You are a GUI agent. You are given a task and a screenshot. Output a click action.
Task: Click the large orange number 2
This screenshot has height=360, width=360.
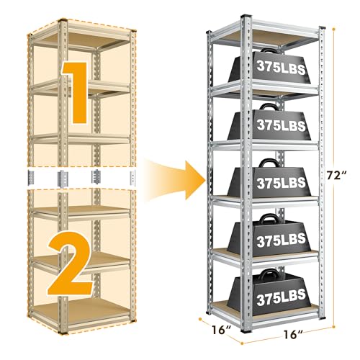(x=70, y=263)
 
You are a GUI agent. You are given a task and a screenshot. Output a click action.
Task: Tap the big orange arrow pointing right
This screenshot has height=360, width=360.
(x=175, y=180)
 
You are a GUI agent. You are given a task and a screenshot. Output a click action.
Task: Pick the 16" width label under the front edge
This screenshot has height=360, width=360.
(x=293, y=334)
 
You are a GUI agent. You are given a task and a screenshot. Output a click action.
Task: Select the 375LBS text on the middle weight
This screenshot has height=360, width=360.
(x=281, y=183)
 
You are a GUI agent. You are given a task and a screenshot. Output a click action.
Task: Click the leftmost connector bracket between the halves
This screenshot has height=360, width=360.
(x=31, y=178)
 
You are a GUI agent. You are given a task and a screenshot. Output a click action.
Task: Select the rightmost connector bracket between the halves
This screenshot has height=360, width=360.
(x=133, y=178)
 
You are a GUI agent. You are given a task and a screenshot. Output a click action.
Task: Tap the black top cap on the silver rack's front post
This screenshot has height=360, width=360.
(x=246, y=16)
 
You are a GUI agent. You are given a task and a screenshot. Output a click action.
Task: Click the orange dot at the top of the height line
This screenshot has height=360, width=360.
(x=333, y=30)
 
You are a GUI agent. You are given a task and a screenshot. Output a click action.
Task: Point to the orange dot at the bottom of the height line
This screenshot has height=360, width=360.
(x=333, y=327)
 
